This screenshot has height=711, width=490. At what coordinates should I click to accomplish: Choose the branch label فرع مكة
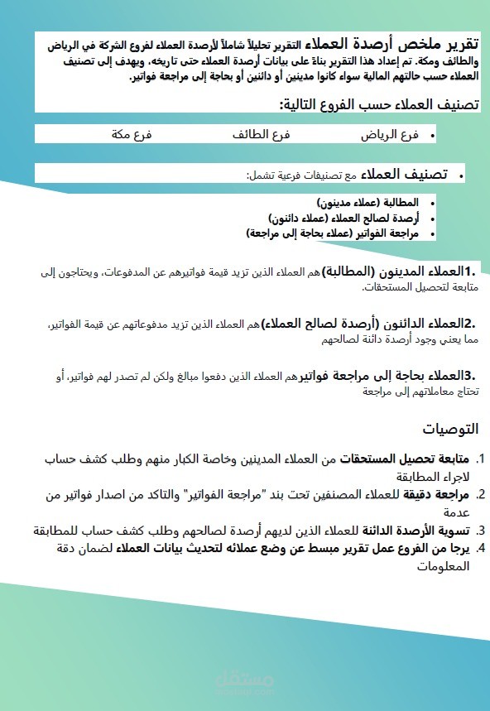[132, 133]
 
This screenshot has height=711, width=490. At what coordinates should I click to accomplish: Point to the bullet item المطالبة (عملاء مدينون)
[367, 203]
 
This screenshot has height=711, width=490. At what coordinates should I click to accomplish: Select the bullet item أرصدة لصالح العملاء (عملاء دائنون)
[343, 218]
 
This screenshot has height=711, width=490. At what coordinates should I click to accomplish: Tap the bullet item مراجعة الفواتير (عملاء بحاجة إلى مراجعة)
[333, 233]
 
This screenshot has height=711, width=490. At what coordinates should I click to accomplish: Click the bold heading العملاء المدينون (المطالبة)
[395, 271]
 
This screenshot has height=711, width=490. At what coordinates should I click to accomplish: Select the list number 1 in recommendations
[481, 459]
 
